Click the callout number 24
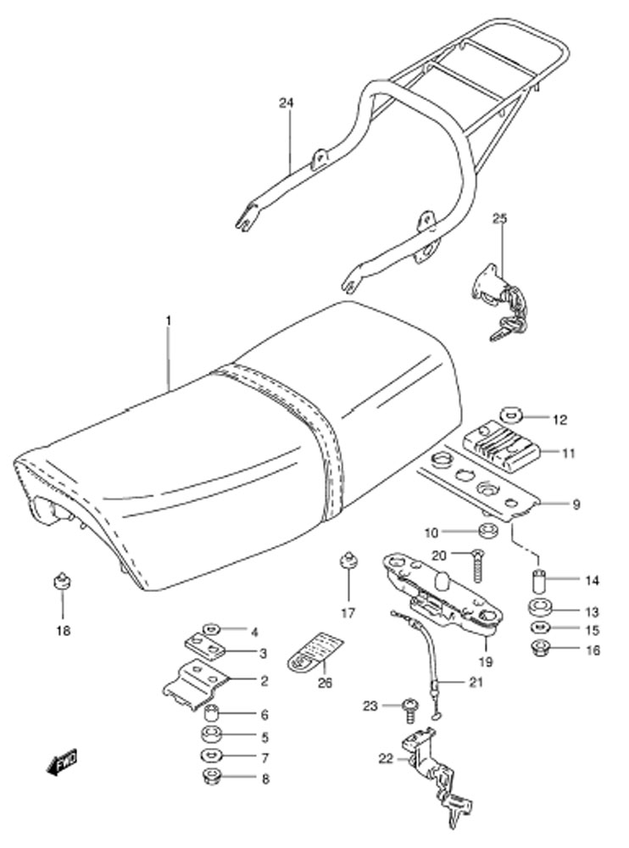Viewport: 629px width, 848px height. click(x=287, y=103)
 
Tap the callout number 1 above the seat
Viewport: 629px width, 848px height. click(x=168, y=321)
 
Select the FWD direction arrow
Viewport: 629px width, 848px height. click(x=62, y=762)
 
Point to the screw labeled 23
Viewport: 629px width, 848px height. click(x=409, y=709)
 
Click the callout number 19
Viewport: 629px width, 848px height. click(x=485, y=661)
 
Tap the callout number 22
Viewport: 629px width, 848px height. click(x=387, y=759)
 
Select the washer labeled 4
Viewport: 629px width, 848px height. click(x=210, y=629)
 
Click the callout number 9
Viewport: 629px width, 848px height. click(x=576, y=505)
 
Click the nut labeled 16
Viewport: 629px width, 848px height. click(x=540, y=647)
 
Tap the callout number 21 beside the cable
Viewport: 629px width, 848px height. click(x=476, y=682)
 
